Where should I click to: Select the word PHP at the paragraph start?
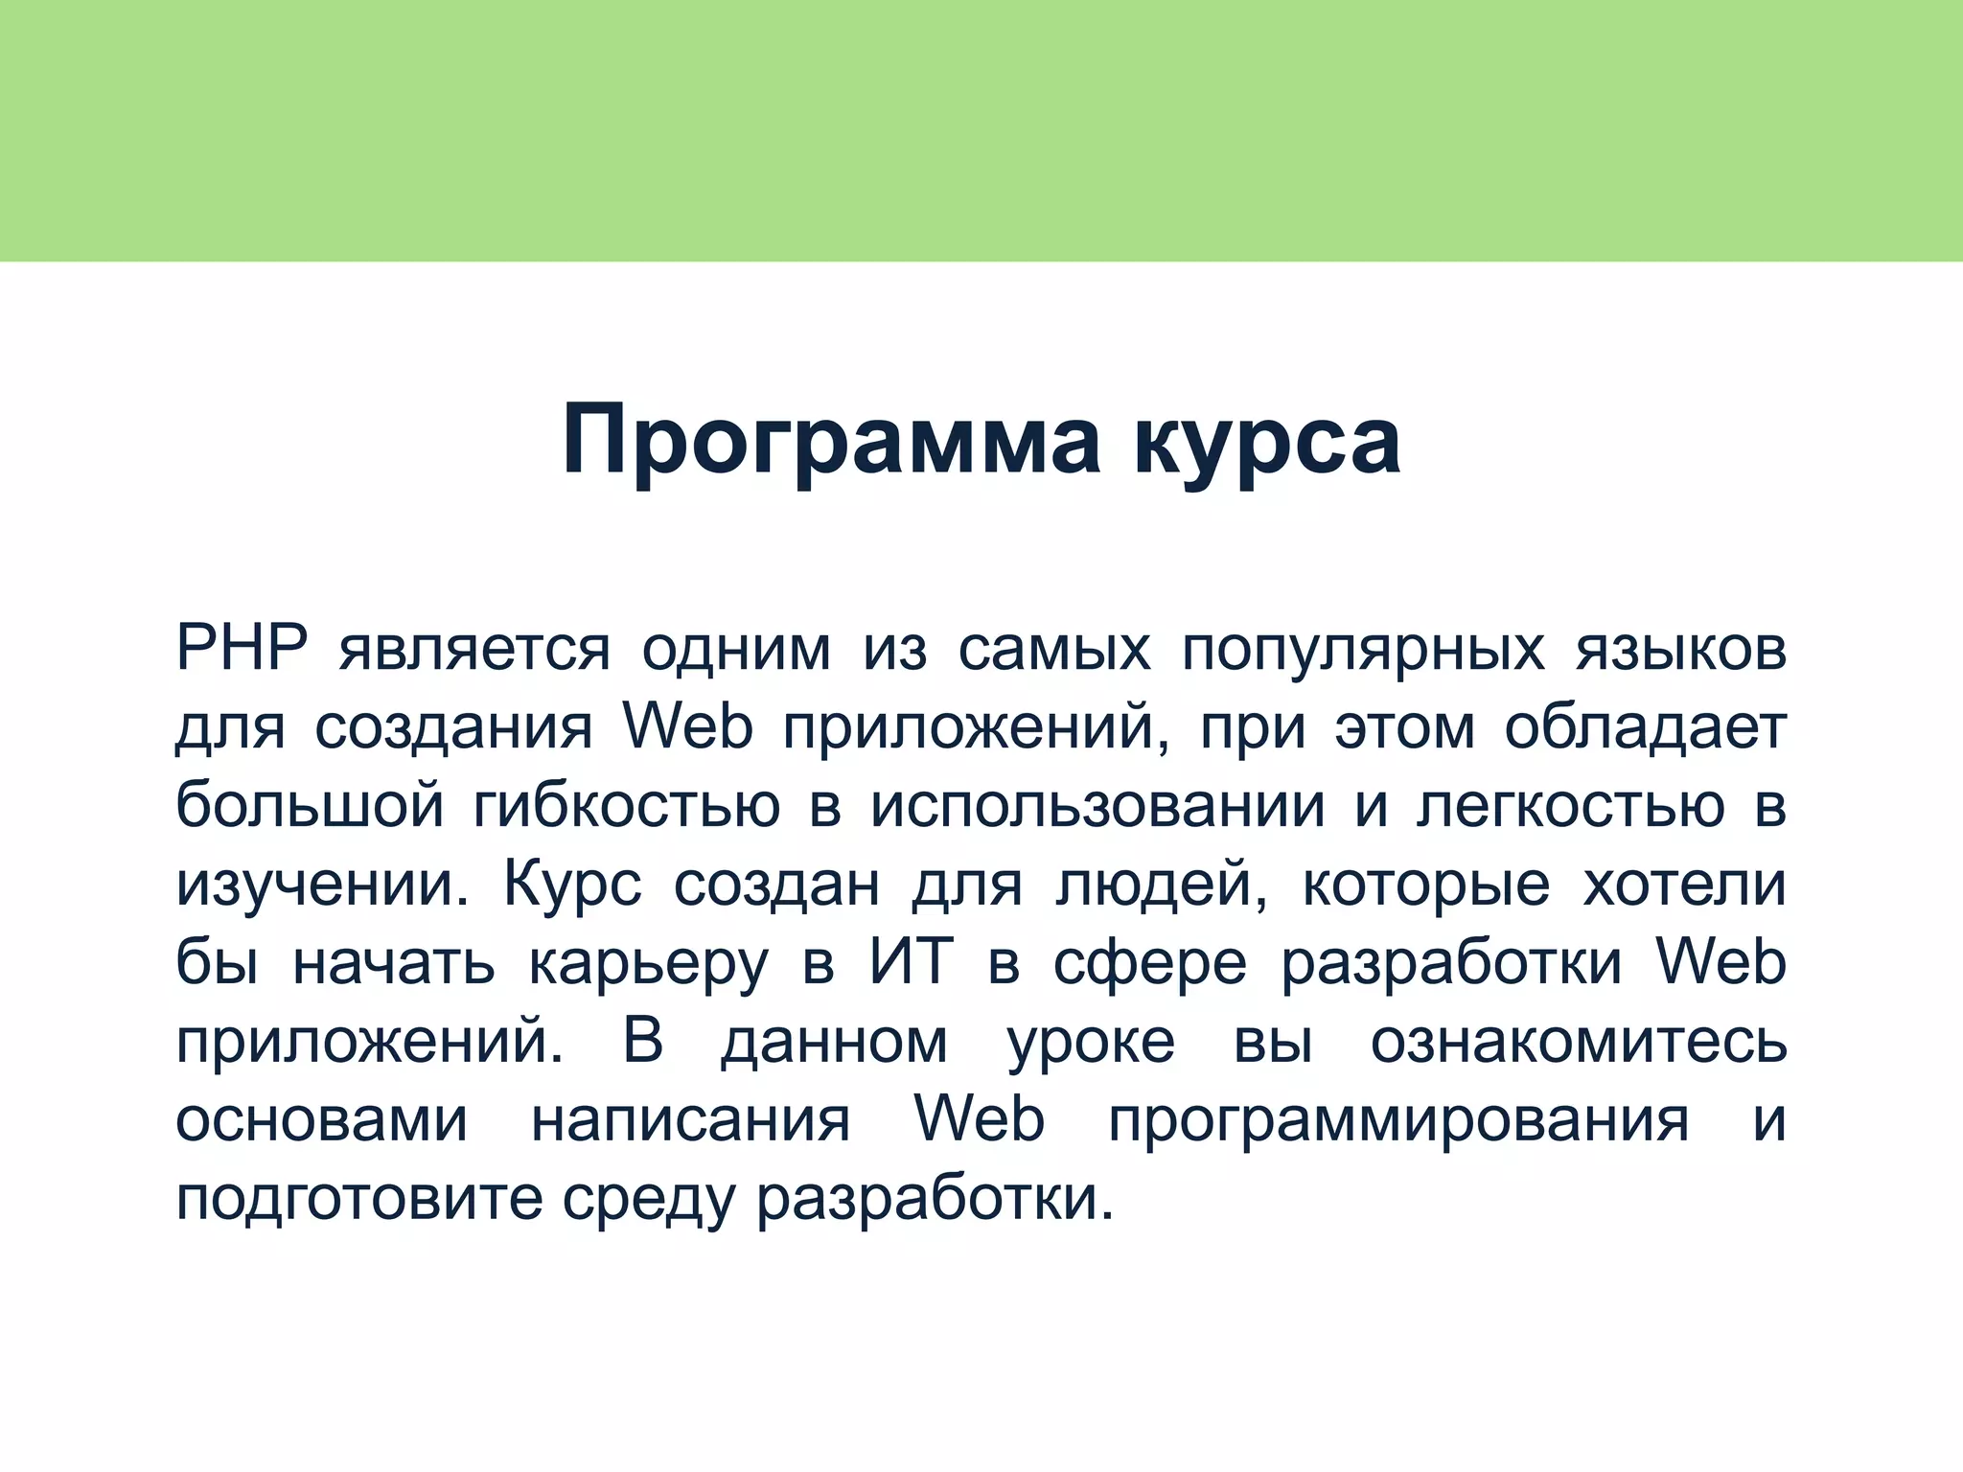tap(241, 649)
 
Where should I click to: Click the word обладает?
tap(1645, 728)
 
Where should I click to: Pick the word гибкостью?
tap(627, 807)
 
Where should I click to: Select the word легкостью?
tap(1570, 807)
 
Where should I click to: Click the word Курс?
tap(572, 885)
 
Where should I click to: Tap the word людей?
tap(1162, 885)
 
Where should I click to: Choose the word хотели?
tap(1684, 884)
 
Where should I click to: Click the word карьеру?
tap(648, 964)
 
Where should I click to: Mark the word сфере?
tap(1150, 964)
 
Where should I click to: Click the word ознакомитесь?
tap(1578, 1041)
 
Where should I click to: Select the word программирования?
tap(1398, 1121)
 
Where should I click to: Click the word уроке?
tap(1091, 1043)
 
